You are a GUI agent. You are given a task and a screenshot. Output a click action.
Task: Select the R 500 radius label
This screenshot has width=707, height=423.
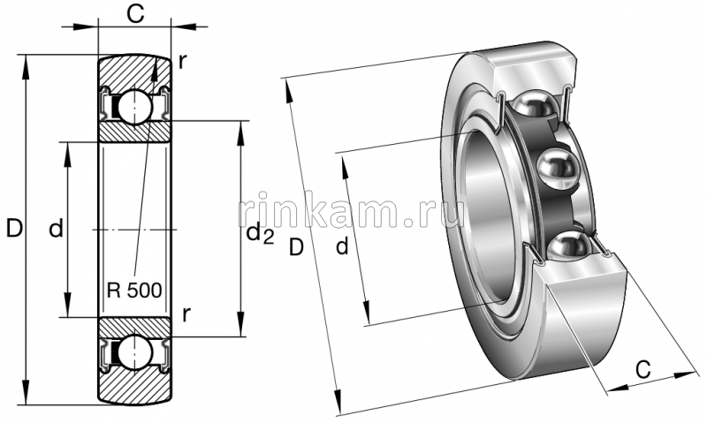coord(133,291)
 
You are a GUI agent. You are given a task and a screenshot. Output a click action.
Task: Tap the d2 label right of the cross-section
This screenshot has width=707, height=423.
coord(259,233)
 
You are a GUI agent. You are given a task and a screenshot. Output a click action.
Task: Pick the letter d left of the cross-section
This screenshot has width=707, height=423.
coord(56,230)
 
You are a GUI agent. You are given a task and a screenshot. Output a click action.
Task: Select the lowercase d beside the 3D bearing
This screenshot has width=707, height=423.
coord(342,247)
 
